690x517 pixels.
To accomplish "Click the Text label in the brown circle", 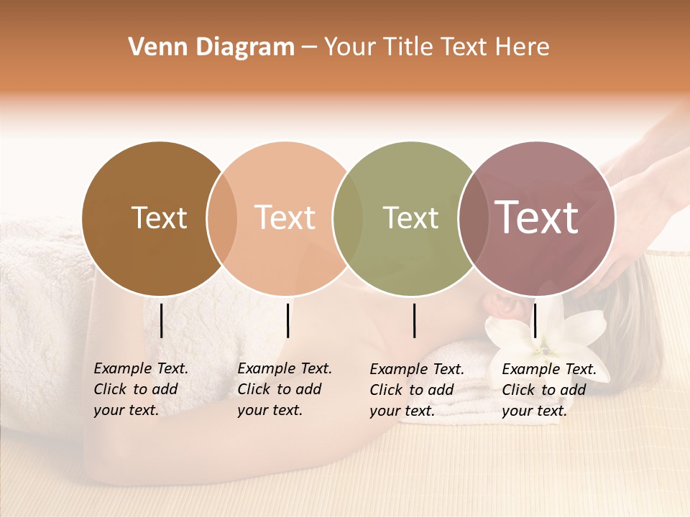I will click(x=159, y=218).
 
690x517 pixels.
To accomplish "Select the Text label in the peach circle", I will click(x=285, y=218).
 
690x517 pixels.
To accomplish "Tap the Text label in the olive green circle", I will click(x=410, y=218).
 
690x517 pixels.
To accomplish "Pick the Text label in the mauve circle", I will click(x=536, y=218).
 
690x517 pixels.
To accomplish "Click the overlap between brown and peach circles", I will click(x=222, y=218).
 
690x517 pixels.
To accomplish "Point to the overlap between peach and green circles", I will click(x=348, y=218).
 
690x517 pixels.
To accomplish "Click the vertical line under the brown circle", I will click(x=161, y=320).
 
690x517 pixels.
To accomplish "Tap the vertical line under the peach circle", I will click(x=287, y=320).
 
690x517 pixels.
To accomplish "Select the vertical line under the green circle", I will click(x=414, y=320).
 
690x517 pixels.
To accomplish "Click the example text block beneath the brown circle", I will click(x=141, y=389).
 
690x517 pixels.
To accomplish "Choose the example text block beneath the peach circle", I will click(x=285, y=389).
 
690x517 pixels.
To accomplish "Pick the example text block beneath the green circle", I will click(x=417, y=390).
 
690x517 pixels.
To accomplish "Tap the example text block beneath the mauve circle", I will click(x=549, y=390).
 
